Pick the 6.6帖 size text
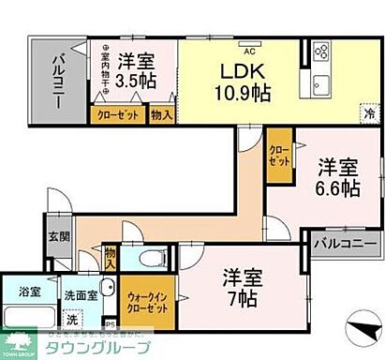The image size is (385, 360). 335,188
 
